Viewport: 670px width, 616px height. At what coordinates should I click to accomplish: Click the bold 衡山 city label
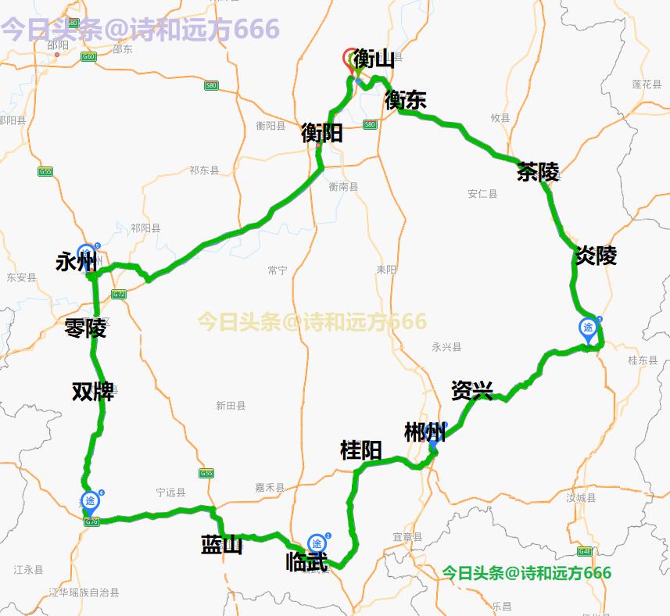374,59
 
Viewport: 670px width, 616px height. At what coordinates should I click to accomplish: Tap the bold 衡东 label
405,100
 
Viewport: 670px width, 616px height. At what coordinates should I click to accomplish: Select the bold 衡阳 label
321,133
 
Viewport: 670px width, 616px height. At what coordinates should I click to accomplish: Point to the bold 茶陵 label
538,172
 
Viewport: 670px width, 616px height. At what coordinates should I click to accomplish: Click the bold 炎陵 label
596,256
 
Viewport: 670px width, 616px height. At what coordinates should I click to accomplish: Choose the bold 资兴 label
471,390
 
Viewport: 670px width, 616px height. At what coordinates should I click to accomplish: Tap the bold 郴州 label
425,432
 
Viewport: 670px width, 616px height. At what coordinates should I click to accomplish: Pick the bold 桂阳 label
360,450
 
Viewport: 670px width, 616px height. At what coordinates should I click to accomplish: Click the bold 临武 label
306,561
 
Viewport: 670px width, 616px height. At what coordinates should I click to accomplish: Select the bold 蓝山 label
222,545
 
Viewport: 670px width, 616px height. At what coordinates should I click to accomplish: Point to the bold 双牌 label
93,391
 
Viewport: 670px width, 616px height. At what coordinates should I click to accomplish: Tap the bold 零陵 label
85,328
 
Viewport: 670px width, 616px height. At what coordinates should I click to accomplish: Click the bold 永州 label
76,262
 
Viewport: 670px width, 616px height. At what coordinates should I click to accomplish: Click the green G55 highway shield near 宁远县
206,473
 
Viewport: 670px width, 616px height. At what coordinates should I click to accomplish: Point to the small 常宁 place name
278,270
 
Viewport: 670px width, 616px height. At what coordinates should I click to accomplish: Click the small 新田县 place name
231,406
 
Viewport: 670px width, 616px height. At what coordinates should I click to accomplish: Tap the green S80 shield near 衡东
370,124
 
